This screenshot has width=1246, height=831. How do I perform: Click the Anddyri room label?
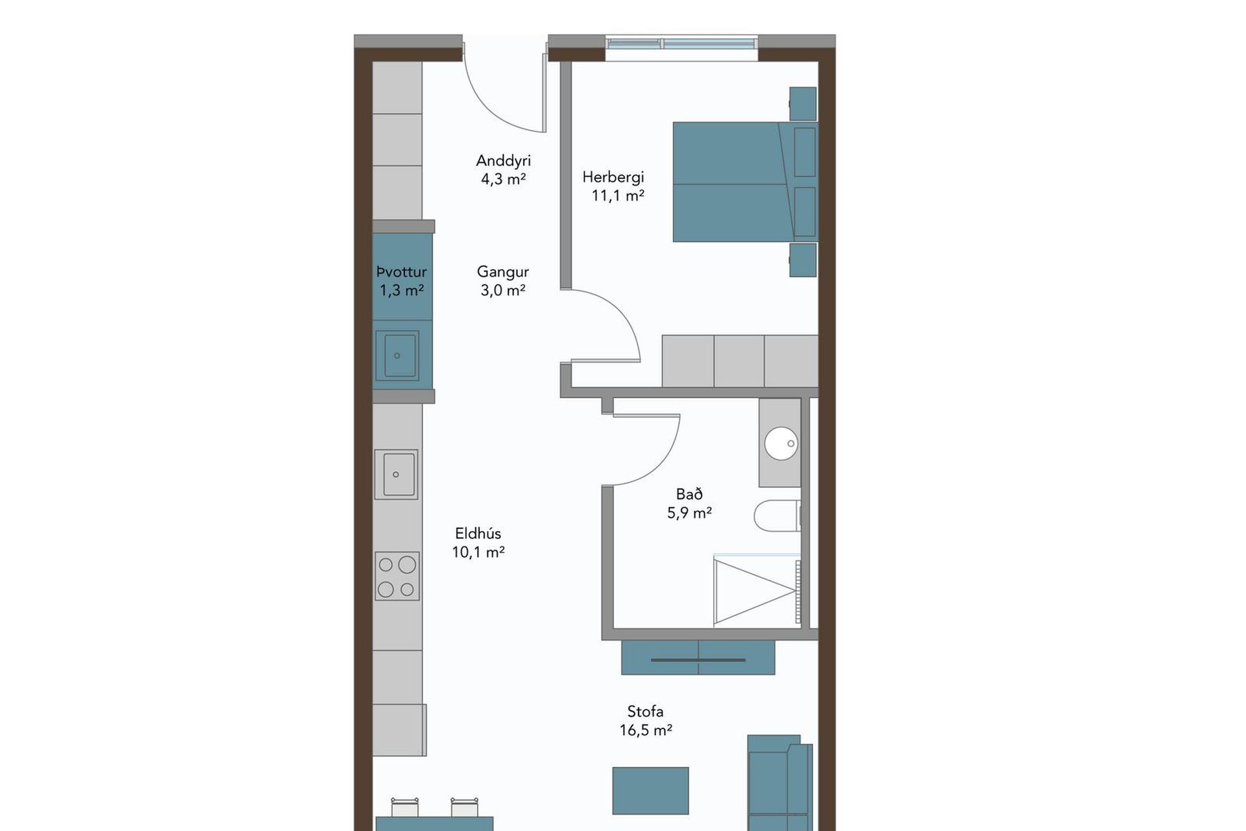click(503, 160)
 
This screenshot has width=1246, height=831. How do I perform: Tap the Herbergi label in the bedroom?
click(613, 177)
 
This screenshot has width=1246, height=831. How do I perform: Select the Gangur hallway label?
click(503, 272)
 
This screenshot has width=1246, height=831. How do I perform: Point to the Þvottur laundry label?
click(402, 272)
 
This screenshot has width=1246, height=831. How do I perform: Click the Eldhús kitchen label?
click(478, 534)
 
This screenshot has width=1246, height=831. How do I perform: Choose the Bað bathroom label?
click(689, 494)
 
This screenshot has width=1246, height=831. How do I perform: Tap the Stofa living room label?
click(645, 712)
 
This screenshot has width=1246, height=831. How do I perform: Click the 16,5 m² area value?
click(646, 730)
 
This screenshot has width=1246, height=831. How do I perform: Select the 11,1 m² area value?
click(618, 195)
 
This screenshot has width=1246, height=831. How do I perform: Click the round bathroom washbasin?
click(781, 443)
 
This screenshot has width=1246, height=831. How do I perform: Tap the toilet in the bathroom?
click(777, 515)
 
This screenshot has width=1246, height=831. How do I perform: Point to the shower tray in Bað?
click(757, 591)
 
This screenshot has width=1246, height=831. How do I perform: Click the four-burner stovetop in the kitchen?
click(397, 576)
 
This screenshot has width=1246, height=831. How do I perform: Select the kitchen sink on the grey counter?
click(396, 474)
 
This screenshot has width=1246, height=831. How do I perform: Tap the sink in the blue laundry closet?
click(397, 355)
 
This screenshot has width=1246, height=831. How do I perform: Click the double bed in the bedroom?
click(745, 182)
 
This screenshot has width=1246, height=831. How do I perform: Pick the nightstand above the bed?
click(803, 104)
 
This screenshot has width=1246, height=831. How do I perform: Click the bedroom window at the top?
click(682, 44)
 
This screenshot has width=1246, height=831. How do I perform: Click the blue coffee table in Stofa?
click(650, 790)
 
